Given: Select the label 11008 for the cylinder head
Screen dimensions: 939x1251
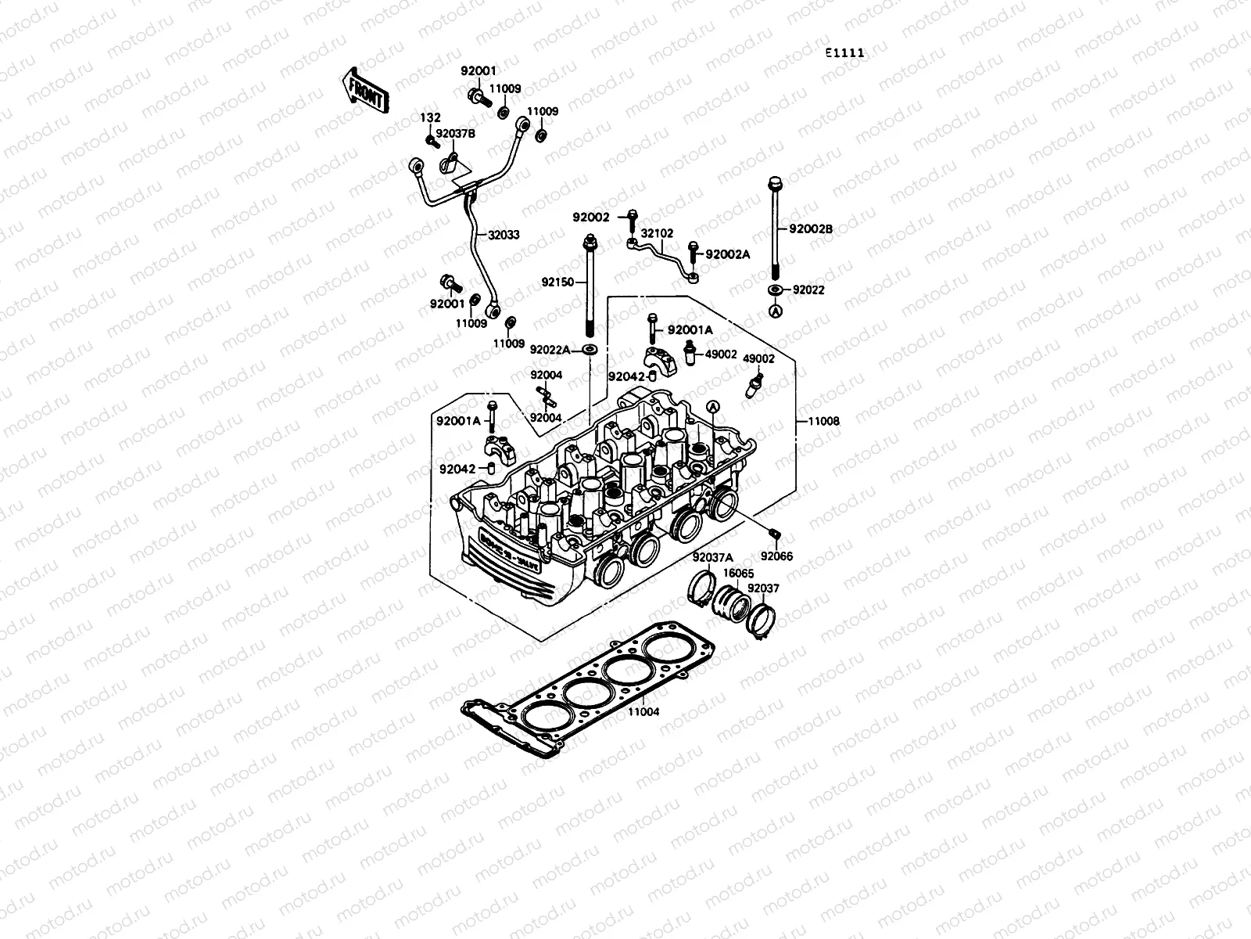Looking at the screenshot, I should point(823,421).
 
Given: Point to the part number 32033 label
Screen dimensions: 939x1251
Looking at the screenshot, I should point(504,234).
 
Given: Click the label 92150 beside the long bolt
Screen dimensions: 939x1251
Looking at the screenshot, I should point(557,279).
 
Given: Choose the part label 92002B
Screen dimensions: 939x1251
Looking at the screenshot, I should point(811,229).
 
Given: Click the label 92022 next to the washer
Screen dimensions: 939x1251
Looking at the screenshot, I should point(808,290).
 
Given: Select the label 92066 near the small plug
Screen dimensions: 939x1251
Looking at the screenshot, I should point(776,556).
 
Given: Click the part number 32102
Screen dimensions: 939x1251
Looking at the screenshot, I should point(657,232).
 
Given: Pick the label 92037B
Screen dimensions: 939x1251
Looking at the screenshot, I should point(456,134).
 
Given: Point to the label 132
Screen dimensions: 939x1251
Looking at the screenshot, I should point(431,118).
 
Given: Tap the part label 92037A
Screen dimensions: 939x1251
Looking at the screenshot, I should point(712,557).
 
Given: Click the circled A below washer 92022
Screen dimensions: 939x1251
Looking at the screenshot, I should point(775,311).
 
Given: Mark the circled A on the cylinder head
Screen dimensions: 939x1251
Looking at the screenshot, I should point(712,407).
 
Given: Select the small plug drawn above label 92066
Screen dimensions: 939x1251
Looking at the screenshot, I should point(774,534).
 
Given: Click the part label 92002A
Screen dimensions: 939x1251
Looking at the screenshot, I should point(728,254).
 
